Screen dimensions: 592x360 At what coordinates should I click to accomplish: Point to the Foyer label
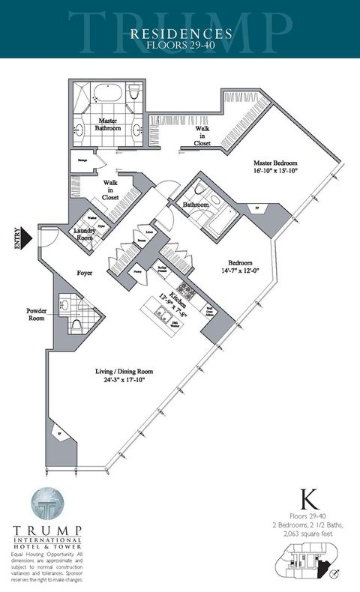click(84, 274)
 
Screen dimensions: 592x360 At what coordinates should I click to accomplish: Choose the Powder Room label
click(37, 314)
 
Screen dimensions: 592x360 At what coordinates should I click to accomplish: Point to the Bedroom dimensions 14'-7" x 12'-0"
click(240, 271)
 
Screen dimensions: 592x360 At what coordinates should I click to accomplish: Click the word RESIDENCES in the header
click(180, 33)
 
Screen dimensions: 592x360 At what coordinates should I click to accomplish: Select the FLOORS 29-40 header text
click(180, 44)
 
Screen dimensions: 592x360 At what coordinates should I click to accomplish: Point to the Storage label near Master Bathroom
click(82, 158)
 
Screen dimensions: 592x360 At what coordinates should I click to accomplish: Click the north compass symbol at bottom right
click(343, 577)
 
